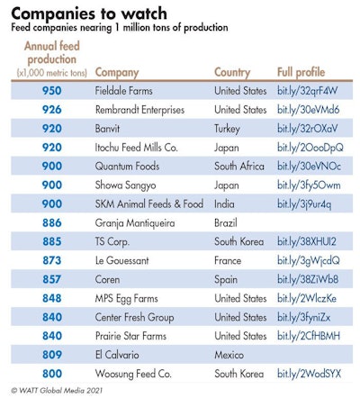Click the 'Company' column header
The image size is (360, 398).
117,71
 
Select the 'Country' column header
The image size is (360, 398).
232,71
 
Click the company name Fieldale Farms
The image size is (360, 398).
127,91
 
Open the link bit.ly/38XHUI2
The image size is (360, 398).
306,241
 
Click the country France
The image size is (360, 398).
229,260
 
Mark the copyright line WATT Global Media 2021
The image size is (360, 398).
59,391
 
